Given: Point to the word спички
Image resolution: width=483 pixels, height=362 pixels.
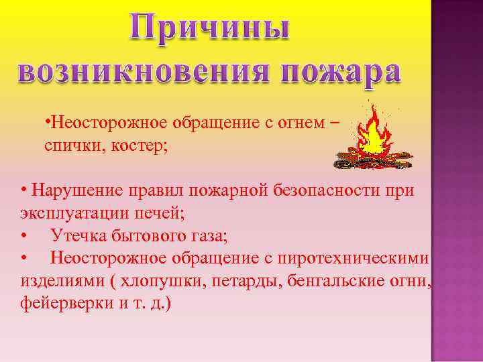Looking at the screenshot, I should click(70, 145).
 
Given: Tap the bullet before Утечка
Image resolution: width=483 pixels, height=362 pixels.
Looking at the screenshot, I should click(24, 235).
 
